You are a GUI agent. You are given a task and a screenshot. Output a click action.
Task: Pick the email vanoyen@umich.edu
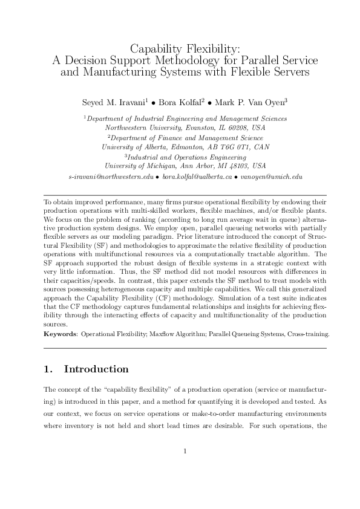(271, 177)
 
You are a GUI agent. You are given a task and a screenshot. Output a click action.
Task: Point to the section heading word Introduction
(96, 369)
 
